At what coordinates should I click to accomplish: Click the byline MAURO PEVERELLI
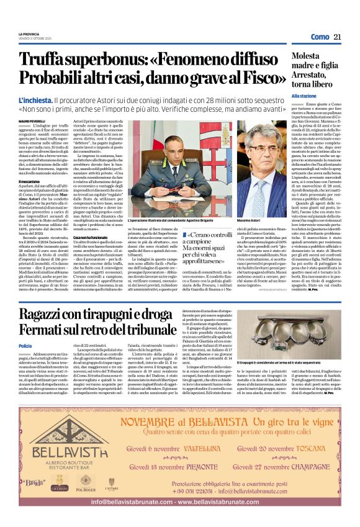point(33,120)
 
